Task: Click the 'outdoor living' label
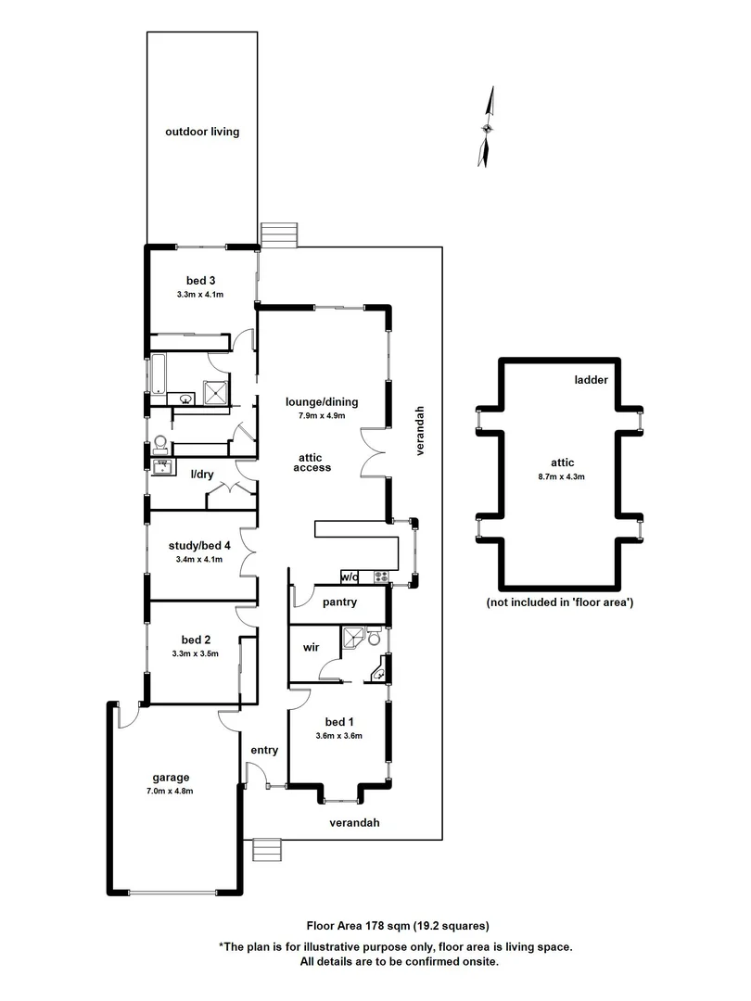(202, 132)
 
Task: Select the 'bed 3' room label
(201, 281)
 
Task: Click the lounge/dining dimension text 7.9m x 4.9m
(321, 415)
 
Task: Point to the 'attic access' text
(312, 462)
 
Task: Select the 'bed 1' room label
(338, 722)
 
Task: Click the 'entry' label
(264, 751)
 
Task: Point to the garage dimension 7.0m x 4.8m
(171, 791)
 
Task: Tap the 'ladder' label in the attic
(590, 380)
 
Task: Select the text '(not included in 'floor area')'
(559, 602)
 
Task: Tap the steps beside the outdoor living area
(278, 234)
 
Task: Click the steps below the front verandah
(266, 850)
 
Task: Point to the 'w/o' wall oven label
(350, 577)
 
